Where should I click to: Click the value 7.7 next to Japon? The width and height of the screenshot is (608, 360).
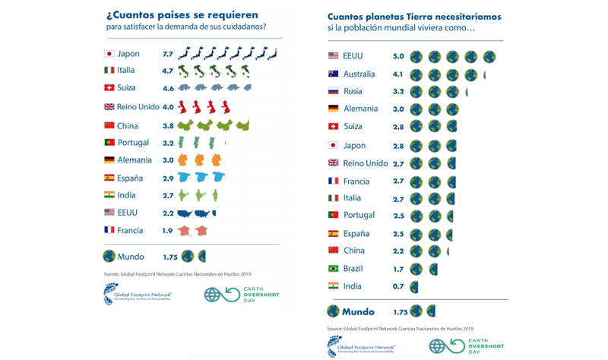click(168, 54)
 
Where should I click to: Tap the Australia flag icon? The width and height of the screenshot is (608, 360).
click(333, 74)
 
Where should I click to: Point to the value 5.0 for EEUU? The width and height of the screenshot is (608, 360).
click(398, 56)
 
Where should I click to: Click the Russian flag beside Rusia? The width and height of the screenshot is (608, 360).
click(333, 91)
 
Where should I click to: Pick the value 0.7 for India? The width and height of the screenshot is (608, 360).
click(398, 286)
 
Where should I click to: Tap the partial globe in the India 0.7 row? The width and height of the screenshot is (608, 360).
click(414, 286)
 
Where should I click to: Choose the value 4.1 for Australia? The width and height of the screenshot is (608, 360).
click(398, 74)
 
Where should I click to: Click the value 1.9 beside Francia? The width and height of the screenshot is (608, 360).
click(168, 230)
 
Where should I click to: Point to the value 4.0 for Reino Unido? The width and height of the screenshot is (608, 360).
click(168, 107)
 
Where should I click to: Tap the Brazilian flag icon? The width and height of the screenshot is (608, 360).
click(333, 269)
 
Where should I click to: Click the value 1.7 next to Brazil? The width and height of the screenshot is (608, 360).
click(398, 269)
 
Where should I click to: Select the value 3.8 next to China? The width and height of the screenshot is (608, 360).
click(168, 125)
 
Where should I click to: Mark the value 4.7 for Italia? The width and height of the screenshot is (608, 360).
click(168, 71)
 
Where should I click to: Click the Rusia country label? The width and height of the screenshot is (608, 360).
click(352, 91)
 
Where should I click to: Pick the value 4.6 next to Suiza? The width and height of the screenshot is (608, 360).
click(168, 88)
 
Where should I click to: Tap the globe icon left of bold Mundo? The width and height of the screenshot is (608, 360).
click(332, 311)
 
